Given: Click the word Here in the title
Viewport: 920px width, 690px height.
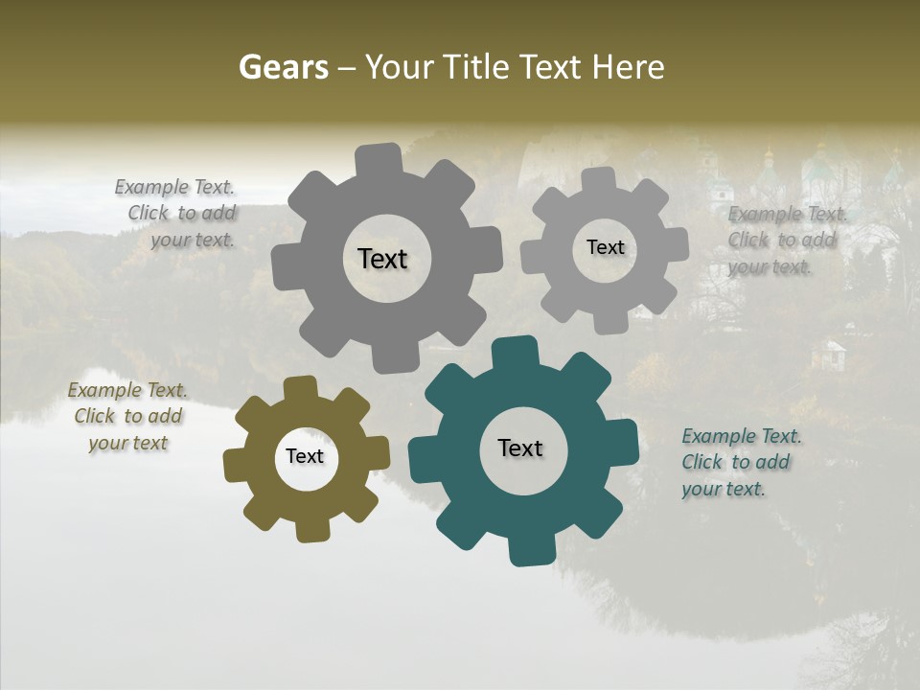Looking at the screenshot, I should click(628, 67).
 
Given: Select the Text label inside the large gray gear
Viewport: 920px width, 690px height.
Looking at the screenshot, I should click(382, 259).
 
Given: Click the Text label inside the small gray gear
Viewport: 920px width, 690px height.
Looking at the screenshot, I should click(605, 247).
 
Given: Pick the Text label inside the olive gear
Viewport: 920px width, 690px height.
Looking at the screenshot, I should click(305, 456).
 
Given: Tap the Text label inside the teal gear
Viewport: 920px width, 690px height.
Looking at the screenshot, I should click(520, 448).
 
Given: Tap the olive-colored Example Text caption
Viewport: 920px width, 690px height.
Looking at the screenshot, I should click(127, 417).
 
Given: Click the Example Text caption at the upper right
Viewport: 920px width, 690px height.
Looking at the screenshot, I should click(785, 240).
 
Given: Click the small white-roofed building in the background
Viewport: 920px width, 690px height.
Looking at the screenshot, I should click(829, 356).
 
